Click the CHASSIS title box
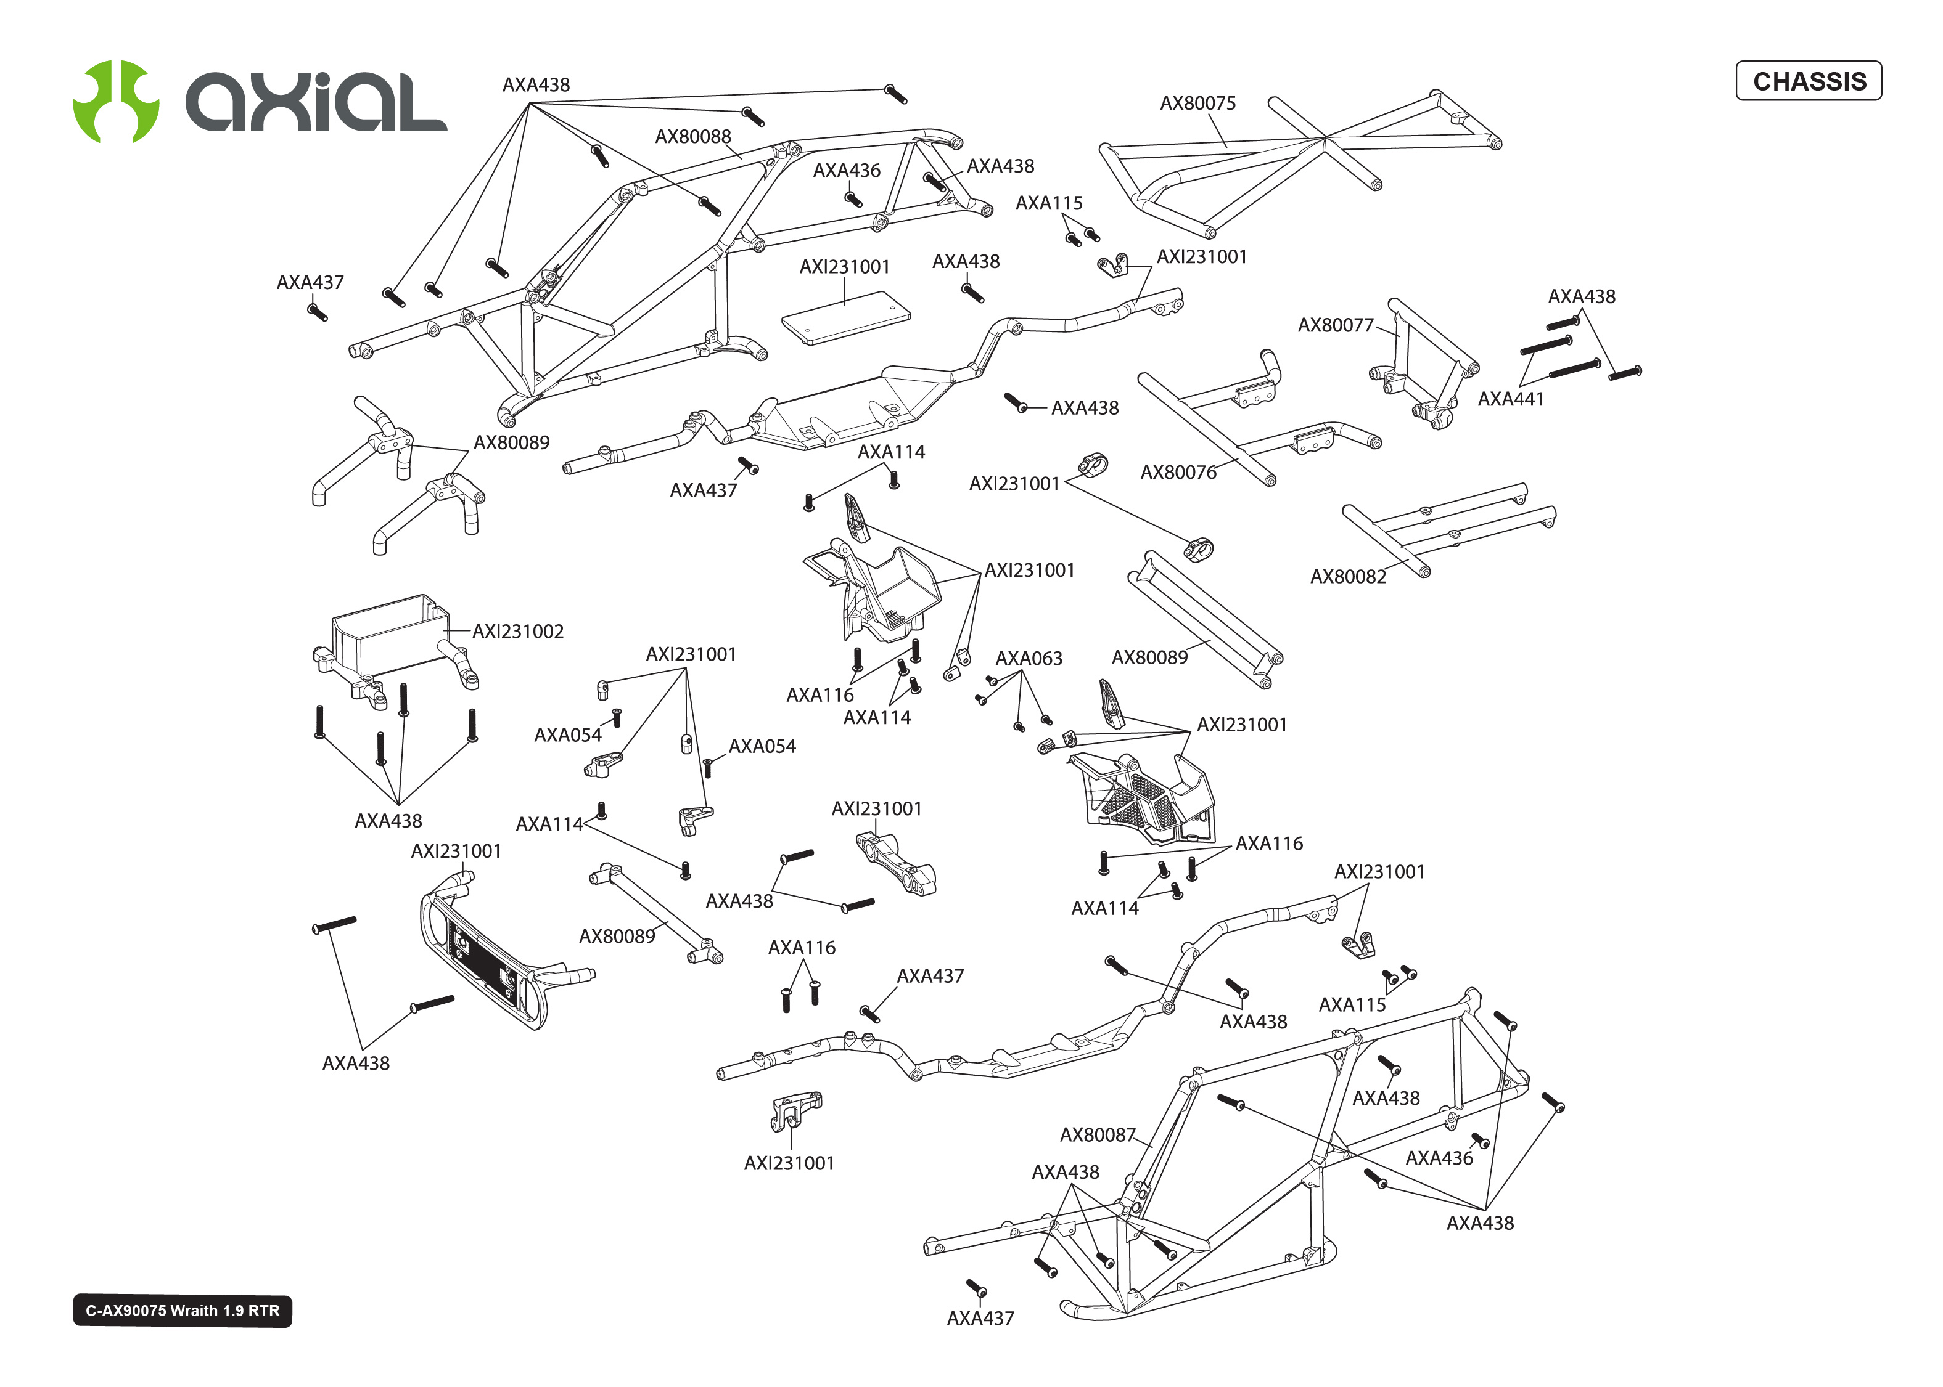point(1808,81)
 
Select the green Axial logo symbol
point(115,101)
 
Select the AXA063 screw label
point(1028,659)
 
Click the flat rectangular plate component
point(845,318)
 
